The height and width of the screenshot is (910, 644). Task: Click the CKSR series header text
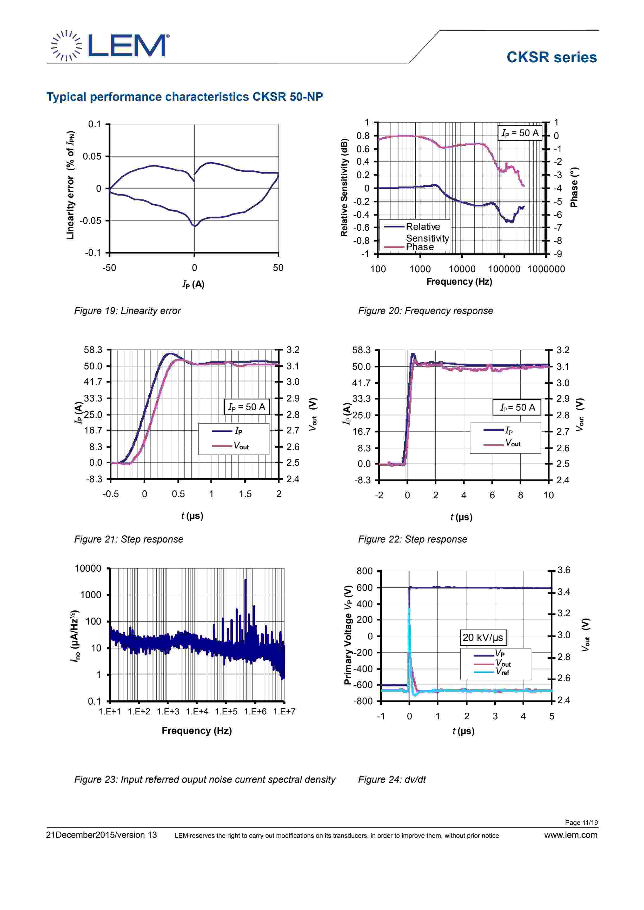pyautogui.click(x=551, y=57)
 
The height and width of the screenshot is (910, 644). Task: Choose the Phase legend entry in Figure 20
pyautogui.click(x=420, y=247)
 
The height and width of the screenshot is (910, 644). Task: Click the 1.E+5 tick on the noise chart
pyautogui.click(x=226, y=711)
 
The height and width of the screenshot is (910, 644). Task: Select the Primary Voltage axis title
pyautogui.click(x=348, y=634)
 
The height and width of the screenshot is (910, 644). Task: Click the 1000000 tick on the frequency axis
pyautogui.click(x=546, y=269)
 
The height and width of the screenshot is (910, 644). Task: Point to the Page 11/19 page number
pyautogui.click(x=581, y=822)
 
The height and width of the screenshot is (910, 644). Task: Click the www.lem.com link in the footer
pyautogui.click(x=571, y=835)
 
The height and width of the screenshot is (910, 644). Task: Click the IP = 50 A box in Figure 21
pyautogui.click(x=247, y=407)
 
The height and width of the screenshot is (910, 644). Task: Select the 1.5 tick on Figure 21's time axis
pyautogui.click(x=245, y=494)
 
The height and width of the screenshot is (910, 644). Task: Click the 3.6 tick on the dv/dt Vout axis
pyautogui.click(x=563, y=570)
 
